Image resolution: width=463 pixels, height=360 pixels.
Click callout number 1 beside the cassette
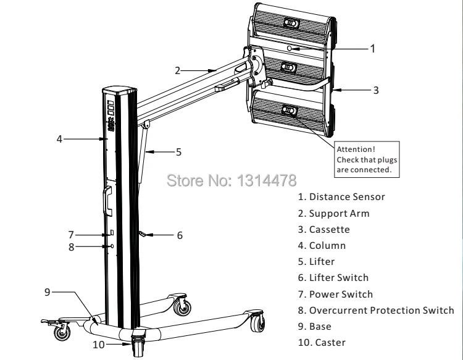(373, 48)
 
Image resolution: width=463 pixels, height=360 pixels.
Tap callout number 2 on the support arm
(177, 70)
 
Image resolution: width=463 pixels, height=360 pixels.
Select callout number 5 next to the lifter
(178, 152)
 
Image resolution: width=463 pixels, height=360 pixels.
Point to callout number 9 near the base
(48, 292)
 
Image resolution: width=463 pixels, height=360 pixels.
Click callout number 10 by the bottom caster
(99, 345)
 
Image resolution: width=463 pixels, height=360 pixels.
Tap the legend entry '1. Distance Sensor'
(341, 197)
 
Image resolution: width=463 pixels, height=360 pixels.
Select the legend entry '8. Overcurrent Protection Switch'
(376, 311)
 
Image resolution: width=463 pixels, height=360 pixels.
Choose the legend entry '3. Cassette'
(324, 230)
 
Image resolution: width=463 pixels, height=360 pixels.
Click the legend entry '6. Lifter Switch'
(333, 278)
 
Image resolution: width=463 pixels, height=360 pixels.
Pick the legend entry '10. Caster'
(322, 343)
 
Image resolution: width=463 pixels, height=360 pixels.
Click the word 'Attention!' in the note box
(356, 149)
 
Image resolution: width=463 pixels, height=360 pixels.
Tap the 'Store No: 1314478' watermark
(231, 180)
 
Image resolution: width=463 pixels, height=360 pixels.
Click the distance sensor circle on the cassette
(290, 48)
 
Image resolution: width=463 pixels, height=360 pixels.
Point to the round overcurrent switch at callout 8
(112, 246)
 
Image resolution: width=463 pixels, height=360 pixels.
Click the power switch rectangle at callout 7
(112, 232)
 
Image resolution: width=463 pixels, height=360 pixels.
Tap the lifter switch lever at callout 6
(143, 233)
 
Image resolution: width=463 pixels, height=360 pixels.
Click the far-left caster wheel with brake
(62, 332)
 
